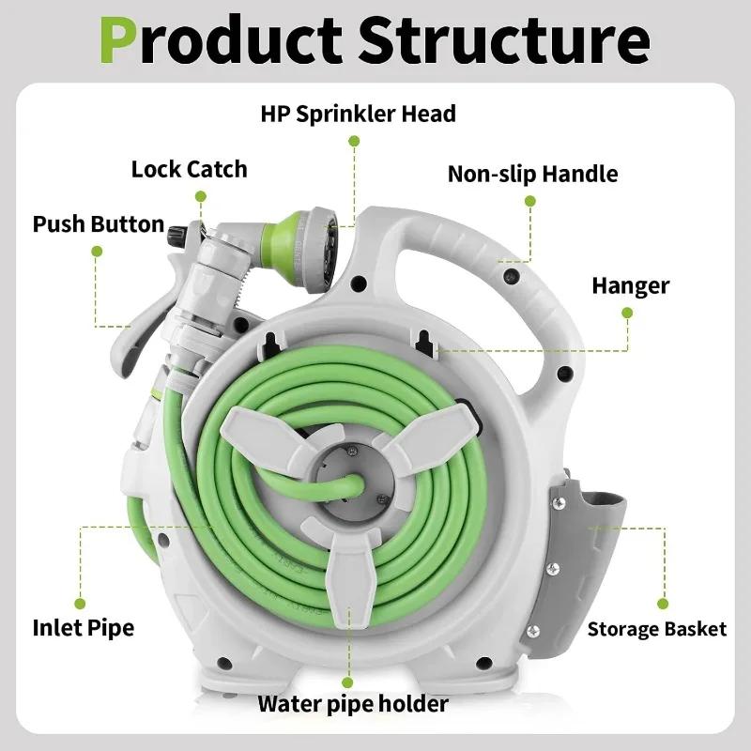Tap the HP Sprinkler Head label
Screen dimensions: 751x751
[x=358, y=114]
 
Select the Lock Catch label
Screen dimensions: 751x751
[x=189, y=169]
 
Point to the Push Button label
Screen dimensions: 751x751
[x=98, y=225]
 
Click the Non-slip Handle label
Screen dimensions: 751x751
[x=532, y=174]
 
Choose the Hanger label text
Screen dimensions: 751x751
[x=630, y=285]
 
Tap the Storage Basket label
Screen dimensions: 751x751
[x=657, y=629]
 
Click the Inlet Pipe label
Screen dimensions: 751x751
[x=83, y=627]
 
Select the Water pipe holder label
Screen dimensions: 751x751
[x=353, y=703]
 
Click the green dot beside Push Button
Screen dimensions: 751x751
[x=96, y=251]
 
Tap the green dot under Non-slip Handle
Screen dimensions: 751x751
[x=529, y=201]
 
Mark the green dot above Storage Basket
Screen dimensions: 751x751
[x=663, y=604]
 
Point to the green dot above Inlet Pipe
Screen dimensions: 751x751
[x=81, y=603]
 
